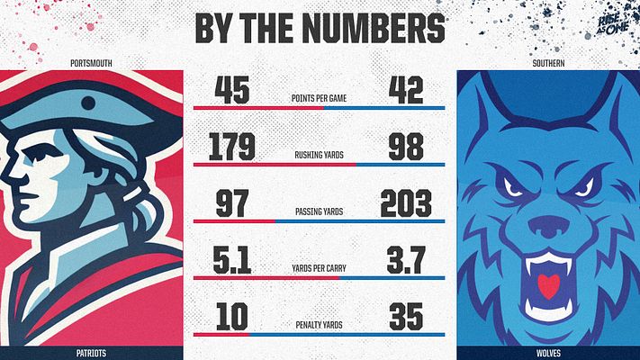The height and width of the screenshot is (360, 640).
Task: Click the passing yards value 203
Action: coord(406,204)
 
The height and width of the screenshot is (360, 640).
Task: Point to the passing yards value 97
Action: coord(232,204)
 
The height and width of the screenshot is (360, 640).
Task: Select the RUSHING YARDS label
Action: coord(320,156)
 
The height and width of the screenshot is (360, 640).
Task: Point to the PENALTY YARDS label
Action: coord(320,324)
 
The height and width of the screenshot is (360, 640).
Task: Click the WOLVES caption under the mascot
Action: coord(546,352)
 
